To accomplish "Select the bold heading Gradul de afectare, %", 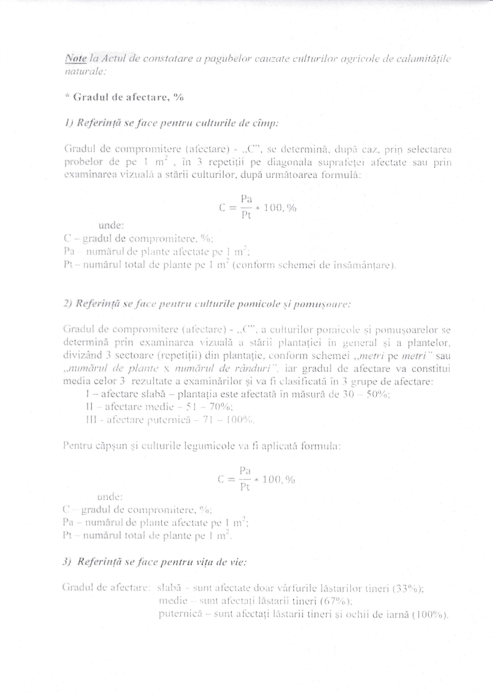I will click(x=124, y=98).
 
